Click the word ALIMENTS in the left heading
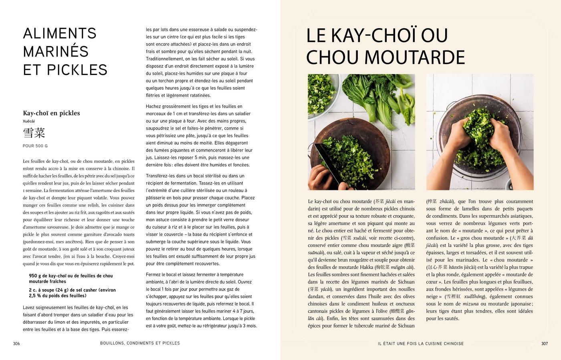point(60,33)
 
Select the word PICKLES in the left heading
point(83,70)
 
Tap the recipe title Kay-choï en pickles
point(51,113)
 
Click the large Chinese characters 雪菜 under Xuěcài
point(34,133)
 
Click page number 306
point(16,344)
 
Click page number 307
point(544,344)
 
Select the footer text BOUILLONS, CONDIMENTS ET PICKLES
point(140,343)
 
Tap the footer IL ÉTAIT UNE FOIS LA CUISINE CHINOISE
point(420,344)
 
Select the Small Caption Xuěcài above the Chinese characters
point(29,121)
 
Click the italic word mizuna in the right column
point(470,304)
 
